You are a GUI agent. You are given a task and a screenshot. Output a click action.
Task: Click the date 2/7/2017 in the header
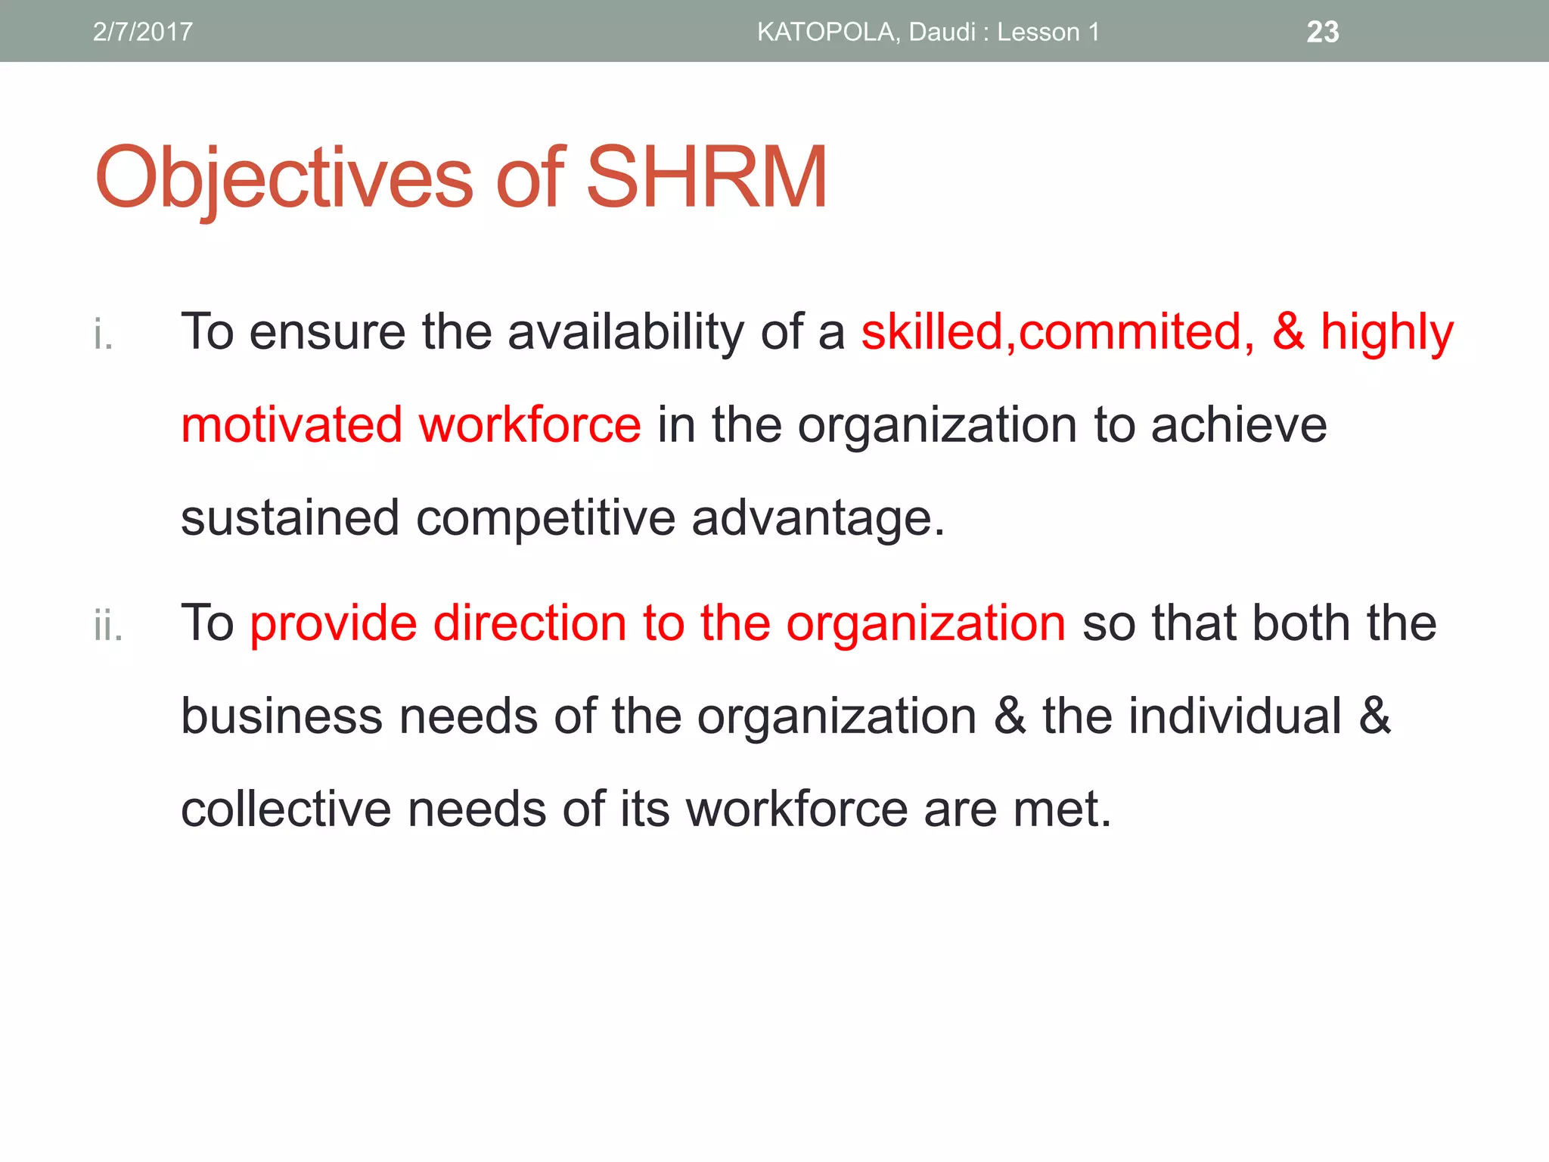pos(142,32)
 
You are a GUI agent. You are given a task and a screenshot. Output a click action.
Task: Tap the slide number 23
pos(1322,32)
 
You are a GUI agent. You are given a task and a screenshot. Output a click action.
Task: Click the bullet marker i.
pos(104,334)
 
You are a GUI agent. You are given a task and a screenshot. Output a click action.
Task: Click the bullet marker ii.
pos(108,626)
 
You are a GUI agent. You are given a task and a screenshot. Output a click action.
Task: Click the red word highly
pos(1387,333)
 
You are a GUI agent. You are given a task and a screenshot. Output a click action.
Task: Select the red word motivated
pos(291,424)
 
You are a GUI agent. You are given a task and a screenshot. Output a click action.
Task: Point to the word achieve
pos(1239,424)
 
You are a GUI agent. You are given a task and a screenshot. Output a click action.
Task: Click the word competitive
pos(545,519)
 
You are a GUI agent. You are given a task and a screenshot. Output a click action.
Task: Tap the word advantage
pos(818,519)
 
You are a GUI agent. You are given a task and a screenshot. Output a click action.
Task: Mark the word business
pos(281,716)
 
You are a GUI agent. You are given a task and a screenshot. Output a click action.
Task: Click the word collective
pos(286,809)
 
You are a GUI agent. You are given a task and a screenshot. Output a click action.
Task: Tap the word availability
pos(625,333)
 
